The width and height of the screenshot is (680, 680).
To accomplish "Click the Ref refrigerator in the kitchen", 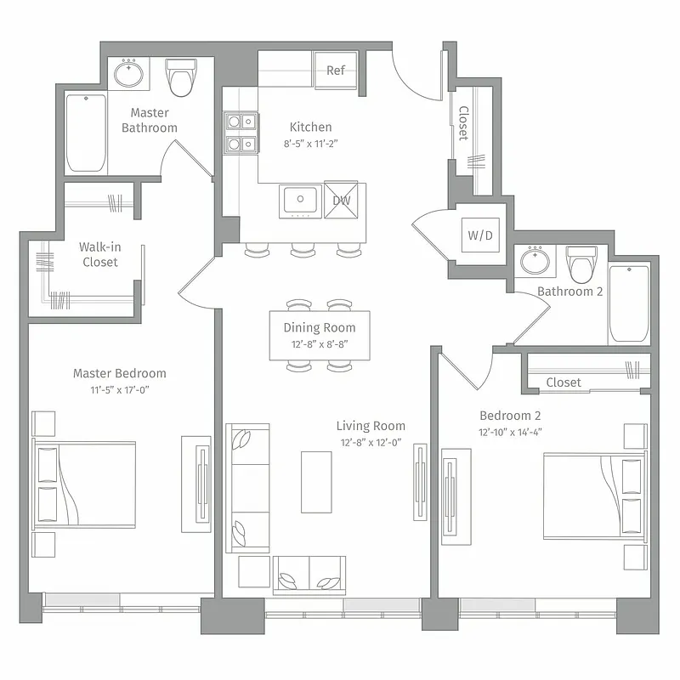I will pyautogui.click(x=336, y=71).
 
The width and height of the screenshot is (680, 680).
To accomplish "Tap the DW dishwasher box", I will pyautogui.click(x=345, y=201).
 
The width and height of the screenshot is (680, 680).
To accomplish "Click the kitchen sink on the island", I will pyautogui.click(x=299, y=201).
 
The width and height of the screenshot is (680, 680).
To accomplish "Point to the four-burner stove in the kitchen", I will pyautogui.click(x=241, y=133).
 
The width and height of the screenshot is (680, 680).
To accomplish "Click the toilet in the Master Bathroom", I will pyautogui.click(x=180, y=77).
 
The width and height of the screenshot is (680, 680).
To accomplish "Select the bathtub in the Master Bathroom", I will pyautogui.click(x=87, y=133).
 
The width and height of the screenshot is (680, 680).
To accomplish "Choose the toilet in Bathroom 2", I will pyautogui.click(x=583, y=263).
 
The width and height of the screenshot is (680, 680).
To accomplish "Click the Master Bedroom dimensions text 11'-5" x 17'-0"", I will pyautogui.click(x=119, y=390).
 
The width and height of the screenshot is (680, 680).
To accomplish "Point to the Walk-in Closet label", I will pyautogui.click(x=100, y=255).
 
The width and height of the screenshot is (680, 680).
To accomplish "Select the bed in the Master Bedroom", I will pyautogui.click(x=85, y=484).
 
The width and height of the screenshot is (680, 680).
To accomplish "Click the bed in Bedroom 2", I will pyautogui.click(x=595, y=496).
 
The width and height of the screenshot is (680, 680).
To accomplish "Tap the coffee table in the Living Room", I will pyautogui.click(x=316, y=481).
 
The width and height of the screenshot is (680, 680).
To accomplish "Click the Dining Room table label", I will pyautogui.click(x=319, y=328).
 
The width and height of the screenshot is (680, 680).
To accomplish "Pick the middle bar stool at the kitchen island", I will pyautogui.click(x=303, y=250).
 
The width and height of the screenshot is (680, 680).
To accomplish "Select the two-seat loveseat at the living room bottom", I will pyautogui.click(x=309, y=575).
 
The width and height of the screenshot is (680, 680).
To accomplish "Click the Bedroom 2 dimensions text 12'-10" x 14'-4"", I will pyautogui.click(x=510, y=432).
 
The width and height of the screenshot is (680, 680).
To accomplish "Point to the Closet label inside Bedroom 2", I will pyautogui.click(x=564, y=382).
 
